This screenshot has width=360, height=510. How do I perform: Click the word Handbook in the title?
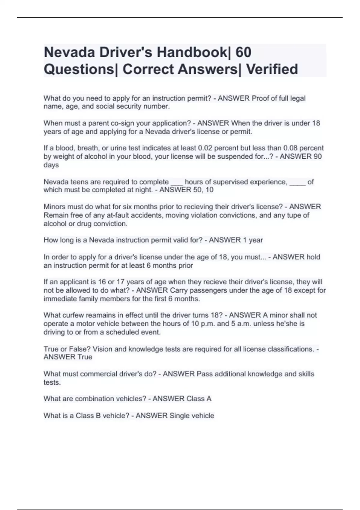192,52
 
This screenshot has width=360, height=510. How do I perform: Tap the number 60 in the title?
243,52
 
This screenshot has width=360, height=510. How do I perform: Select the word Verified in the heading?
272,69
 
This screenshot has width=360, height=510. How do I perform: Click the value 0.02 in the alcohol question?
205,148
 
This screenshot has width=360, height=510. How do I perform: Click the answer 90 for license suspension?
317,156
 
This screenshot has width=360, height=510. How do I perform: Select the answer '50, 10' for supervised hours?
203,190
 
